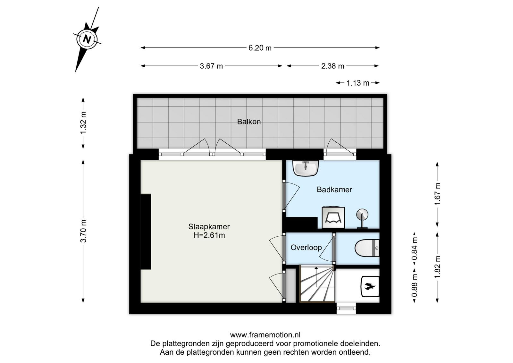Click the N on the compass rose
pyautogui.click(x=87, y=39)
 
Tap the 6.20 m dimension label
pyautogui.click(x=260, y=48)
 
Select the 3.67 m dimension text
pyautogui.click(x=211, y=66)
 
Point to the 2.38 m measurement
pyautogui.click(x=332, y=66)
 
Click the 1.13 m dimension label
pyautogui.click(x=358, y=83)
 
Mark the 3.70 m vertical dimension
pyautogui.click(x=83, y=231)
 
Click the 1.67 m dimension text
pyautogui.click(x=437, y=194)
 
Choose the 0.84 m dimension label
pyautogui.click(x=414, y=249)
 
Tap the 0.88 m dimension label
pyautogui.click(x=414, y=286)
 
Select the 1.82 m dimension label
pyautogui.click(x=437, y=267)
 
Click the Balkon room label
pyautogui.click(x=249, y=122)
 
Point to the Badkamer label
pyautogui.click(x=334, y=190)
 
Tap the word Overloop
pyautogui.click(x=306, y=247)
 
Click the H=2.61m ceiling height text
pyautogui.click(x=209, y=235)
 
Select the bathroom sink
pyautogui.click(x=306, y=168)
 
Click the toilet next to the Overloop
pyautogui.click(x=367, y=248)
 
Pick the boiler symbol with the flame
pyautogui.click(x=370, y=286)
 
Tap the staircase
pyautogui.click(x=317, y=284)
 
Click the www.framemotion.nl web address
pyautogui.click(x=265, y=335)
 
